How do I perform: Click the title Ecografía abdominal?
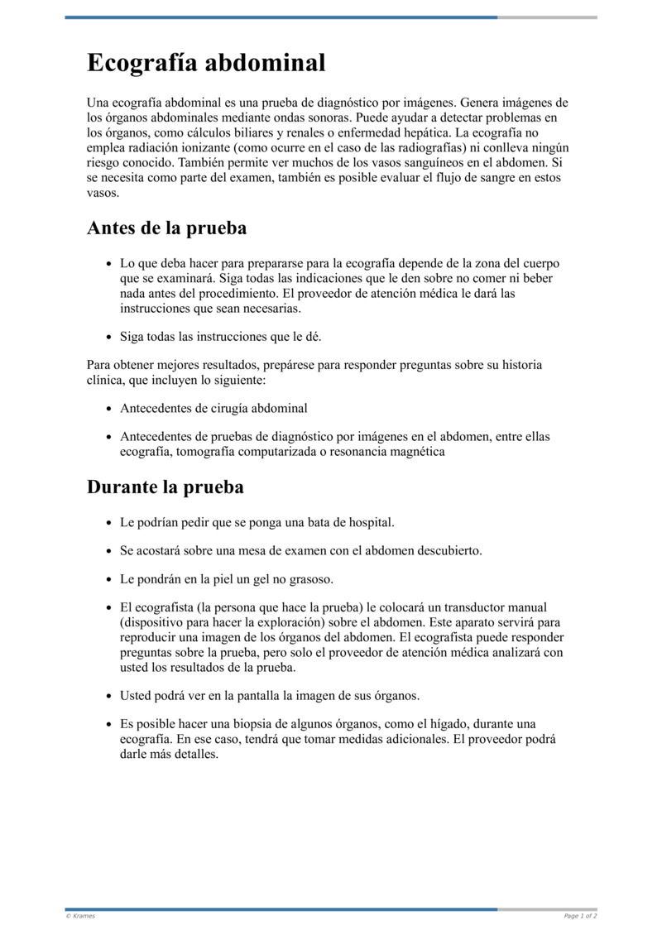(x=206, y=63)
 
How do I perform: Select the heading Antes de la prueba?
(x=166, y=228)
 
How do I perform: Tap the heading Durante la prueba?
(x=165, y=487)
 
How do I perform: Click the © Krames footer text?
(x=80, y=916)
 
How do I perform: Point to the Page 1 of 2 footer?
(x=580, y=916)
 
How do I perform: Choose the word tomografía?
(x=209, y=452)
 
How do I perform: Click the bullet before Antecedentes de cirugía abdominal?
(x=109, y=410)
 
